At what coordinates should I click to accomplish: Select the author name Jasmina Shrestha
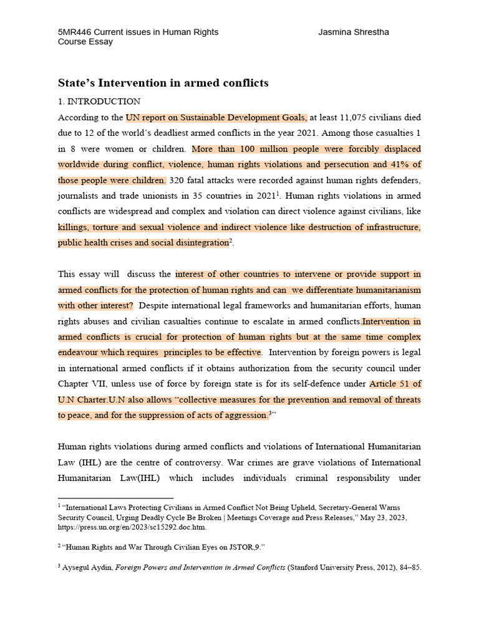tap(354, 32)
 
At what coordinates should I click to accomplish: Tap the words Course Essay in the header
tap(85, 42)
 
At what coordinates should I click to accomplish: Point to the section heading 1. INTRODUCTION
tap(99, 101)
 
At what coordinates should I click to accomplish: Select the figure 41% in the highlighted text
tap(400, 164)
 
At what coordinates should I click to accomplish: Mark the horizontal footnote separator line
tap(115, 498)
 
